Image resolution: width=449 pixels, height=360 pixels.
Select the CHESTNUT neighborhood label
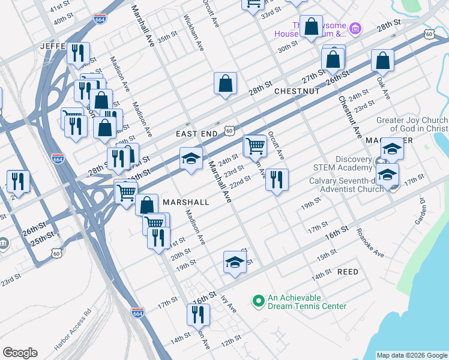click(x=297, y=91)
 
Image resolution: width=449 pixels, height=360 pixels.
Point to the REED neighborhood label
click(x=348, y=272)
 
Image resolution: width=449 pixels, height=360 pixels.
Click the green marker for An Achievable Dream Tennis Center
click(x=258, y=300)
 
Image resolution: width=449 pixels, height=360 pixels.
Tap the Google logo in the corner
click(x=20, y=353)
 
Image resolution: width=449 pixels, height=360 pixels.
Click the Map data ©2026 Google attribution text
click(x=411, y=355)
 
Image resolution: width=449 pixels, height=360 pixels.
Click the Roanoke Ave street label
click(x=369, y=243)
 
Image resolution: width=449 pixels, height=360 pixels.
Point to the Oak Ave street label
click(x=383, y=88)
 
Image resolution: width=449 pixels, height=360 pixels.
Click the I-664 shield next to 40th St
click(x=100, y=19)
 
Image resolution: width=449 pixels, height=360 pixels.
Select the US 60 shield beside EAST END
click(x=229, y=130)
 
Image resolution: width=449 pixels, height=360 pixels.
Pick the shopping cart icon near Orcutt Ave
click(x=255, y=145)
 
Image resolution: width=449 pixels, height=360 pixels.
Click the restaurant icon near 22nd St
click(x=277, y=179)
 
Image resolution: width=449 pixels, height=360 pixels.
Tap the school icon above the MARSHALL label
click(x=191, y=158)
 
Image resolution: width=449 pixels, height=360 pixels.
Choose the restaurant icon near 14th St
click(x=198, y=314)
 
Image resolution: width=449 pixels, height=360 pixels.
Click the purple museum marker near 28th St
click(x=355, y=28)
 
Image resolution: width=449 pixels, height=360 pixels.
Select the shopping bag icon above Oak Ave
click(x=382, y=60)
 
